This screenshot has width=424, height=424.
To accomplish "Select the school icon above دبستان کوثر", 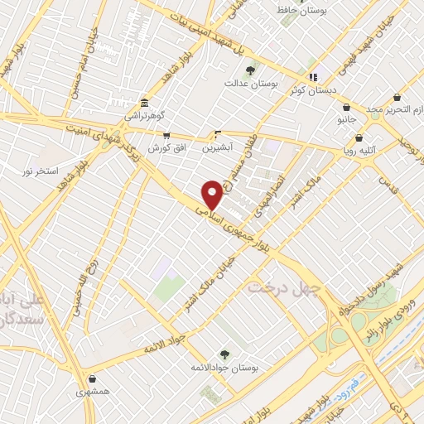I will (x=313, y=78).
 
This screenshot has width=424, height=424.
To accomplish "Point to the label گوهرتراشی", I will (x=145, y=116).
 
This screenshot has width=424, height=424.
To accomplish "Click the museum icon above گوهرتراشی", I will (x=145, y=103).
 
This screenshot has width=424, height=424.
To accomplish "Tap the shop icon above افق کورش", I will (x=166, y=135).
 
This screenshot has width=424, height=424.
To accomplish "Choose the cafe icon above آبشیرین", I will (x=218, y=133).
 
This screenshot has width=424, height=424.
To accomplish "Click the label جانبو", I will (x=346, y=120).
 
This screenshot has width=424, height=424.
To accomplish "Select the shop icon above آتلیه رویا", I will (x=359, y=138).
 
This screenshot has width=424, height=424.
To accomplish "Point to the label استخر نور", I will (x=39, y=170).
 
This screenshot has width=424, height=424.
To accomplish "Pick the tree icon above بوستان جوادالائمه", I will (x=224, y=354).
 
